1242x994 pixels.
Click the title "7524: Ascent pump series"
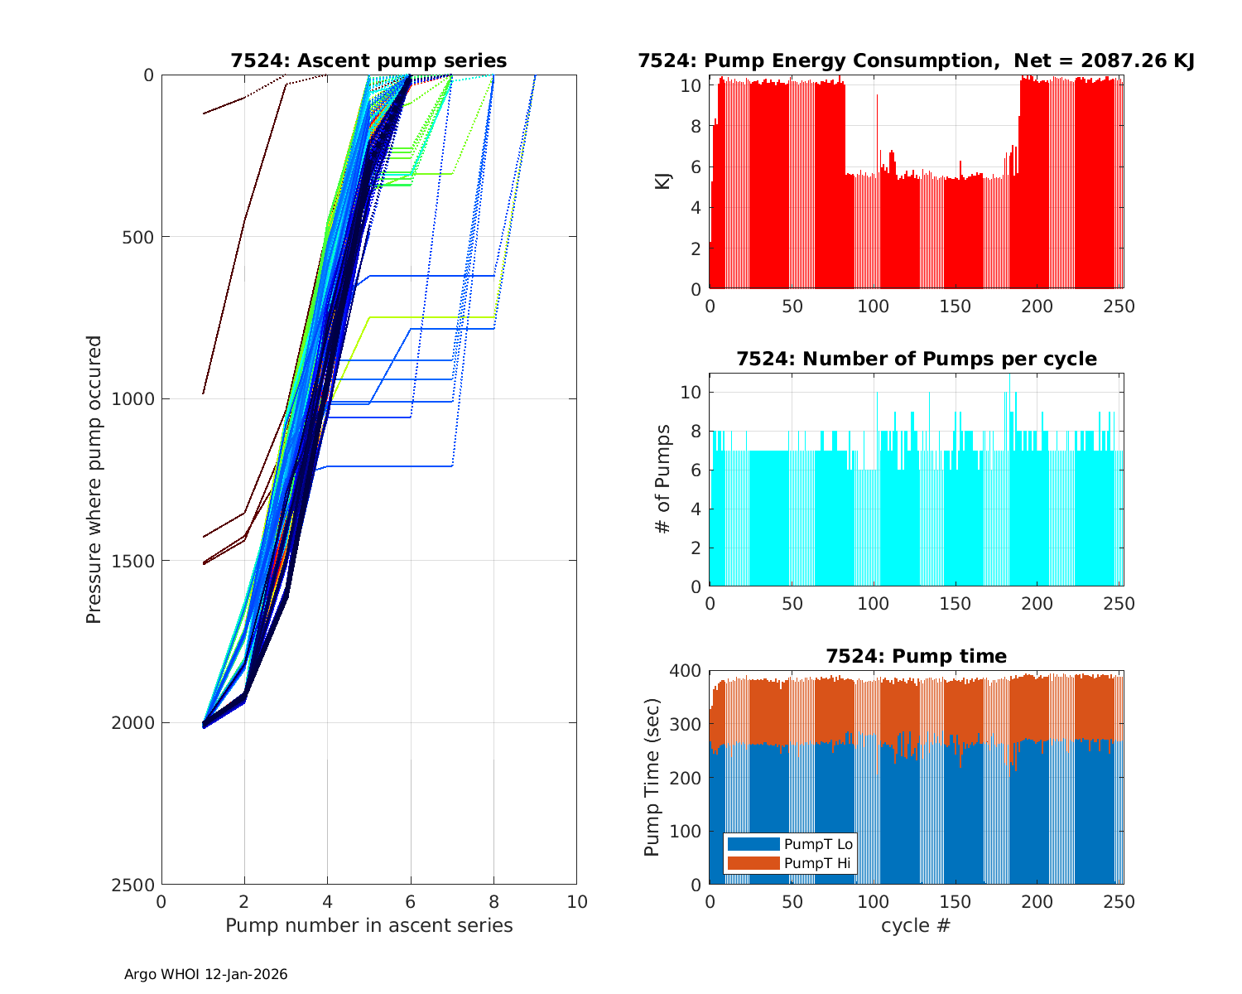click(368, 60)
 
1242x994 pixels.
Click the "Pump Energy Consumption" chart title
click(916, 60)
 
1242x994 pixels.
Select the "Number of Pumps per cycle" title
click(916, 359)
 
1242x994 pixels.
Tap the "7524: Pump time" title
click(916, 656)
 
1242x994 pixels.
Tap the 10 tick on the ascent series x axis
click(576, 901)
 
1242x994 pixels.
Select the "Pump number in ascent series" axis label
click(368, 925)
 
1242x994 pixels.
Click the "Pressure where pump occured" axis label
click(94, 480)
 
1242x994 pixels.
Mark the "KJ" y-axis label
click(663, 181)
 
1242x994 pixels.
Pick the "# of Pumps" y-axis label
click(662, 479)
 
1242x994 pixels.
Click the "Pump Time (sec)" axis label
click(652, 777)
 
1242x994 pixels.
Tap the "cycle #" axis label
click(916, 925)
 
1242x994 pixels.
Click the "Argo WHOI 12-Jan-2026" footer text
click(205, 974)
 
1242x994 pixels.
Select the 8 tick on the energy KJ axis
click(696, 126)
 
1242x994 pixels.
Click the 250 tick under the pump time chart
click(1119, 901)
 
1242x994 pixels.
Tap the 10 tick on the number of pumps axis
click(691, 392)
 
